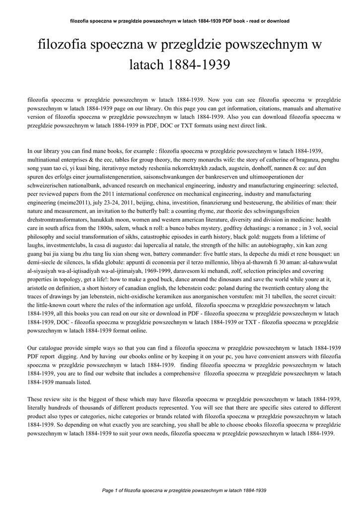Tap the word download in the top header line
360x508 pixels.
click(x=278, y=21)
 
